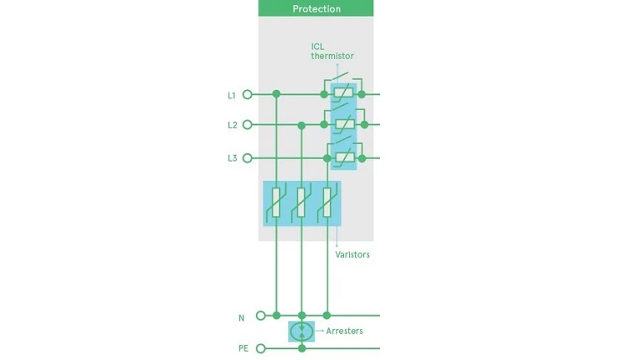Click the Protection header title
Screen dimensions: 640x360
click(x=317, y=8)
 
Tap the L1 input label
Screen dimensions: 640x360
click(x=232, y=96)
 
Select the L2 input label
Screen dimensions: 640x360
click(x=232, y=125)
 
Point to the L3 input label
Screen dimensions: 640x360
click(x=232, y=158)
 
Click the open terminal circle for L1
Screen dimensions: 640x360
click(x=247, y=95)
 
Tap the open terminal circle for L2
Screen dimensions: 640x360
click(x=247, y=124)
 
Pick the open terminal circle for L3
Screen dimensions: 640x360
click(x=247, y=158)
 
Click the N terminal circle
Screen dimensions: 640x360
click(x=261, y=316)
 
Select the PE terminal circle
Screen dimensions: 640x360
click(x=261, y=348)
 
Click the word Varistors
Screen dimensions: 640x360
click(x=352, y=255)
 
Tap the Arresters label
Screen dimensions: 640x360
click(x=344, y=331)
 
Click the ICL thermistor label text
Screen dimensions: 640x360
click(x=332, y=52)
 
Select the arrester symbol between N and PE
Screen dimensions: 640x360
click(x=302, y=332)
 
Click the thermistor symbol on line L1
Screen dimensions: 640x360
click(x=343, y=92)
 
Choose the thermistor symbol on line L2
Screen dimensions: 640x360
click(x=344, y=123)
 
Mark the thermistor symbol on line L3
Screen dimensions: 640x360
click(x=344, y=157)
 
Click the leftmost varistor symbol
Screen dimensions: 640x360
click(x=277, y=202)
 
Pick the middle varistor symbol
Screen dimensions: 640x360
click(x=301, y=202)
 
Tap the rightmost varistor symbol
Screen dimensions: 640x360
click(x=327, y=202)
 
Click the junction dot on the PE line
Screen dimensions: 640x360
click(x=302, y=348)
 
